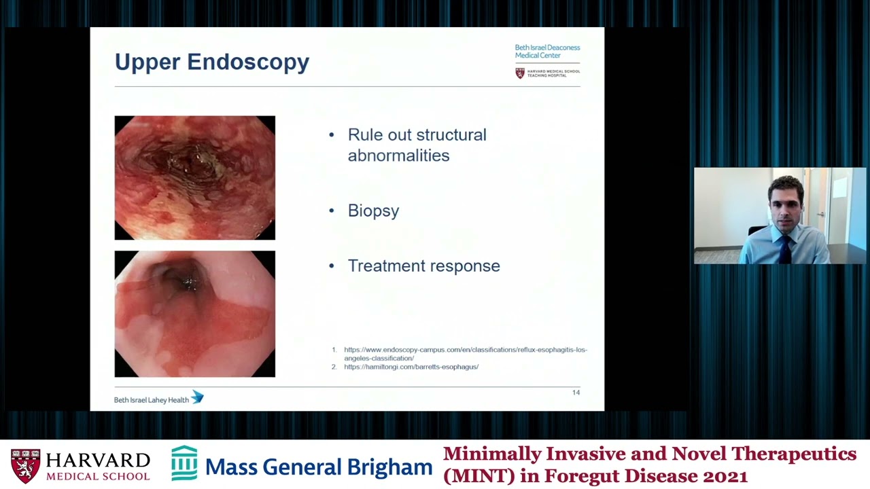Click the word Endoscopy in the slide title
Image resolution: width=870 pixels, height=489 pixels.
[x=248, y=62]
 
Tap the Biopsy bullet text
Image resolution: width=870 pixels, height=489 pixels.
[x=373, y=211]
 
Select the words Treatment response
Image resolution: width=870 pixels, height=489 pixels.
[x=423, y=266]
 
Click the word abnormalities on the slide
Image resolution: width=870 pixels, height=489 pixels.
[x=398, y=156]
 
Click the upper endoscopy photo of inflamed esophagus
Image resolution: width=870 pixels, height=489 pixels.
[x=195, y=178]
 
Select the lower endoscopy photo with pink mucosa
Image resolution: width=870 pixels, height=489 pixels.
[x=195, y=314]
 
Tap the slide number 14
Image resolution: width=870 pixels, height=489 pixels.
[x=576, y=393]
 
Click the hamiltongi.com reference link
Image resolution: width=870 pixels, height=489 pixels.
[x=411, y=367]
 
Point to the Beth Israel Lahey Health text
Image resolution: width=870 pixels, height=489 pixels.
[x=151, y=400]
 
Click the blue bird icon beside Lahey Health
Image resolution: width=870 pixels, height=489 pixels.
[x=197, y=397]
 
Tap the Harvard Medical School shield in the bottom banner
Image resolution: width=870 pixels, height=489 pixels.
[x=25, y=466]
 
